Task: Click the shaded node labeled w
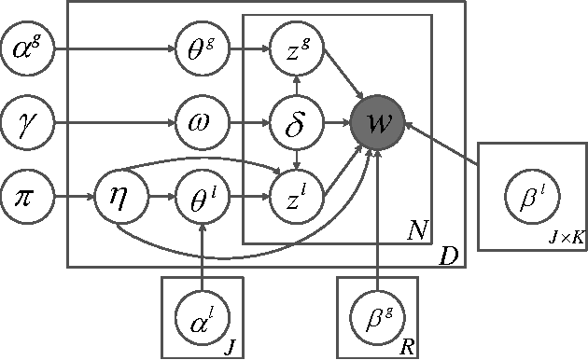[x=377, y=121]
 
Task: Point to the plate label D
[x=450, y=253]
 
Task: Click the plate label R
[x=406, y=347]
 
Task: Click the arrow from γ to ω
[x=112, y=121]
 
